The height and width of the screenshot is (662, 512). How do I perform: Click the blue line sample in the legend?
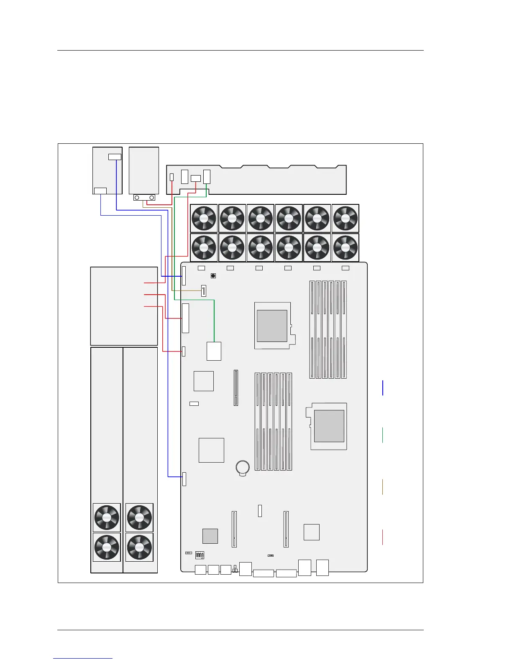click(x=382, y=387)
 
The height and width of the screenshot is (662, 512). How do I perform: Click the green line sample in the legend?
click(x=382, y=435)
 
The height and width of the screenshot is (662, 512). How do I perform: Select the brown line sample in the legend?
click(x=382, y=487)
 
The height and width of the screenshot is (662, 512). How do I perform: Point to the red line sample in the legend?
click(x=382, y=537)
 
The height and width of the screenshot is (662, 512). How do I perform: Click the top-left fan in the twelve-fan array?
click(x=204, y=218)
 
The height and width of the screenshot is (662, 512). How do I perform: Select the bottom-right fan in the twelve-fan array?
click(x=345, y=247)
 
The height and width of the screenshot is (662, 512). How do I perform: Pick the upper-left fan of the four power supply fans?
click(x=107, y=517)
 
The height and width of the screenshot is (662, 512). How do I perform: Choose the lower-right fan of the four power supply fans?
click(x=139, y=547)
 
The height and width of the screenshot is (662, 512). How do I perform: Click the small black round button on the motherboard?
click(x=213, y=276)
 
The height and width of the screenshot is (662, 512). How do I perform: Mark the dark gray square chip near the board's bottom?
click(x=210, y=536)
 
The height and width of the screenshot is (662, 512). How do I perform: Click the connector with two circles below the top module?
click(x=144, y=197)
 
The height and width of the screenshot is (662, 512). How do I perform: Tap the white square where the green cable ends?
click(x=214, y=351)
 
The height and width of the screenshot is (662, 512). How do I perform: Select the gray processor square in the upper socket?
click(x=272, y=326)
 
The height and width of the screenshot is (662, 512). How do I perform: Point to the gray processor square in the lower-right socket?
click(x=329, y=426)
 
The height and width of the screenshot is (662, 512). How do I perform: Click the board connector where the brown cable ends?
click(x=204, y=290)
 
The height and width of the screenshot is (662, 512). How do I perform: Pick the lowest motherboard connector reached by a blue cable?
click(x=184, y=479)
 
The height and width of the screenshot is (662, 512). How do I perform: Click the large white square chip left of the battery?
click(x=211, y=450)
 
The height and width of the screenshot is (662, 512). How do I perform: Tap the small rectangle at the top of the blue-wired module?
click(x=115, y=157)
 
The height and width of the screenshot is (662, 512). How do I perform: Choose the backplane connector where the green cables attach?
click(x=207, y=177)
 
